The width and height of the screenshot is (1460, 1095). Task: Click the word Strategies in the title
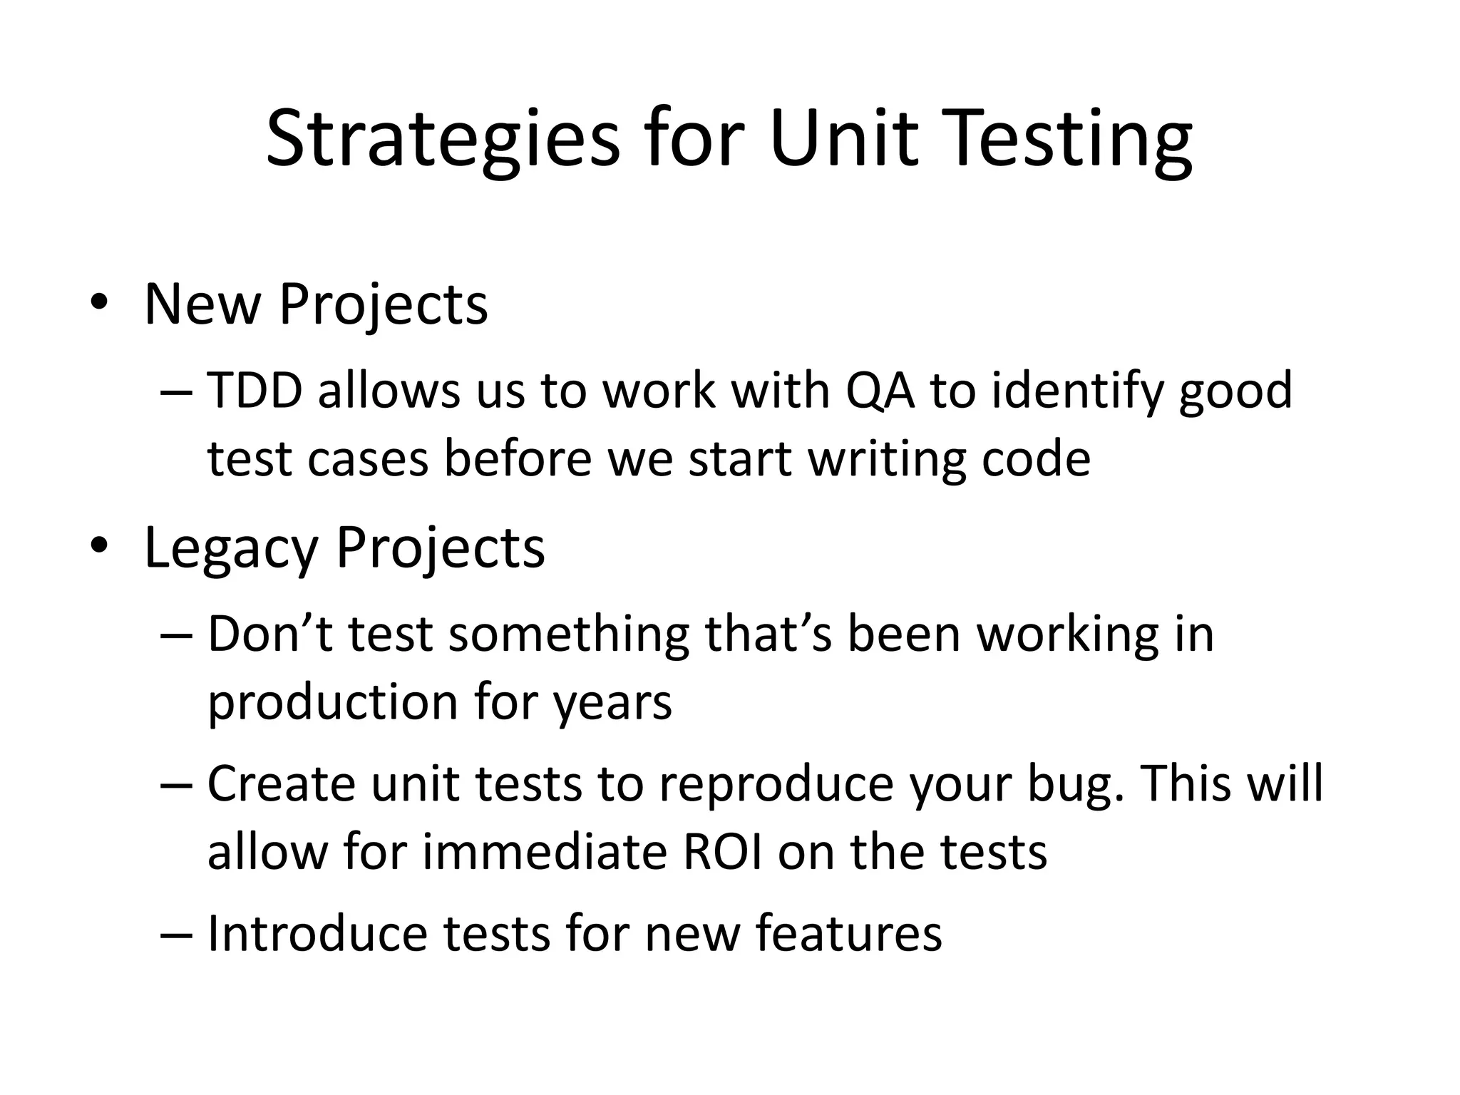443,140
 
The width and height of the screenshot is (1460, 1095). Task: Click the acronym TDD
255,391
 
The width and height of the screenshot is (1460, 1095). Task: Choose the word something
569,634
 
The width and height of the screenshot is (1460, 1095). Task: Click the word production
332,702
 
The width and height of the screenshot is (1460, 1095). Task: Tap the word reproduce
776,783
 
